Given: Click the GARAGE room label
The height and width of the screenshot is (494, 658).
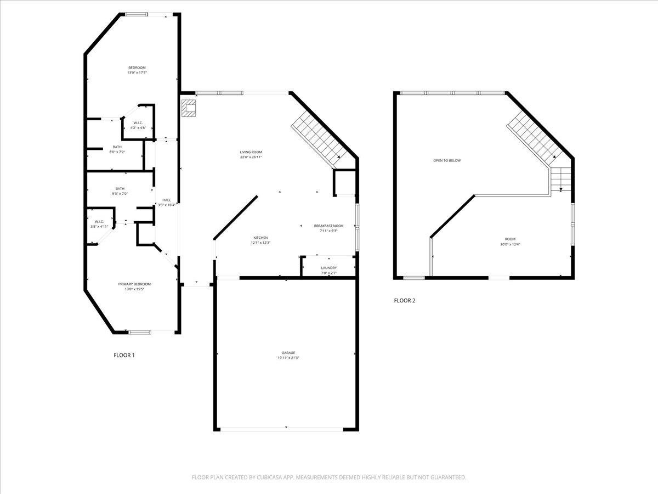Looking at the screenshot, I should pyautogui.click(x=288, y=352).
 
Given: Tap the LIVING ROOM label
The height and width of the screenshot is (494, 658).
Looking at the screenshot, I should pyautogui.click(x=251, y=152).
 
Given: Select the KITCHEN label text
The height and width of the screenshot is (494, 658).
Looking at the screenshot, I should pyautogui.click(x=260, y=238).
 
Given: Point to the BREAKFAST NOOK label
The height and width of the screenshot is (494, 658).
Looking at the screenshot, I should pyautogui.click(x=328, y=226).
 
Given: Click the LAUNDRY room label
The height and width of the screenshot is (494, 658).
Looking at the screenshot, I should pyautogui.click(x=329, y=268).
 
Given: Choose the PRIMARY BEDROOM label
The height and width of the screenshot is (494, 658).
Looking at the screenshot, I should pyautogui.click(x=134, y=284).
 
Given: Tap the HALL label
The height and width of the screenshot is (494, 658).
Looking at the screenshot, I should pyautogui.click(x=166, y=200).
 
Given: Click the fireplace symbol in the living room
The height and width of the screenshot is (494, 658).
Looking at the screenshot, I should pyautogui.click(x=190, y=108).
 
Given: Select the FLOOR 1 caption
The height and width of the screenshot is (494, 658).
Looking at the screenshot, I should pyautogui.click(x=124, y=355).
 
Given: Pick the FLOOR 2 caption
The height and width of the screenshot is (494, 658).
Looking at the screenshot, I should pyautogui.click(x=405, y=300).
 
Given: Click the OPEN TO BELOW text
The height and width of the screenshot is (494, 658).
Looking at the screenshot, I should pyautogui.click(x=447, y=160).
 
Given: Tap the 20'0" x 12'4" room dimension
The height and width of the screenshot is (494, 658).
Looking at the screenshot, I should pyautogui.click(x=510, y=244).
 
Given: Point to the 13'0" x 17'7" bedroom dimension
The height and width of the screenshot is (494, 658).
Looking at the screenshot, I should pyautogui.click(x=137, y=72).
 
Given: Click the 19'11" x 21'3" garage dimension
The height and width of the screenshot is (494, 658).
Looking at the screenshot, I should pyautogui.click(x=288, y=358).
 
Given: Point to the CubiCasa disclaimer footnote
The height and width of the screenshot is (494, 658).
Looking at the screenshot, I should pyautogui.click(x=329, y=478).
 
